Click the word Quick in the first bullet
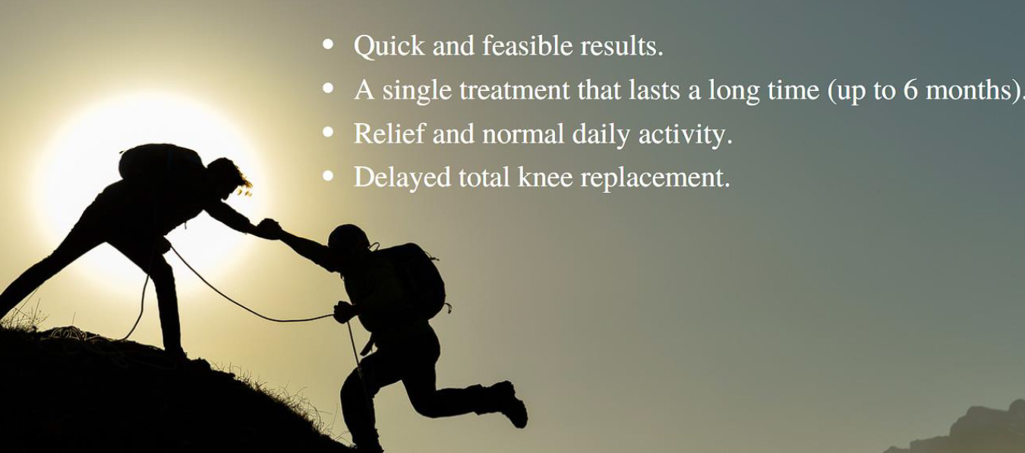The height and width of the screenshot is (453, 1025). coord(389,46)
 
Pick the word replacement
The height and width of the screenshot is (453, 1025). coord(660,178)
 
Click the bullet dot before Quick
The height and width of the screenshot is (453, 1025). coord(328,45)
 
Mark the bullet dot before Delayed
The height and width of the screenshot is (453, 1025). coord(328,176)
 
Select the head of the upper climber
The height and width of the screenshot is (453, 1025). coord(225,176)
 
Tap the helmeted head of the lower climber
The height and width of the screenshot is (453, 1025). coord(348,241)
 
